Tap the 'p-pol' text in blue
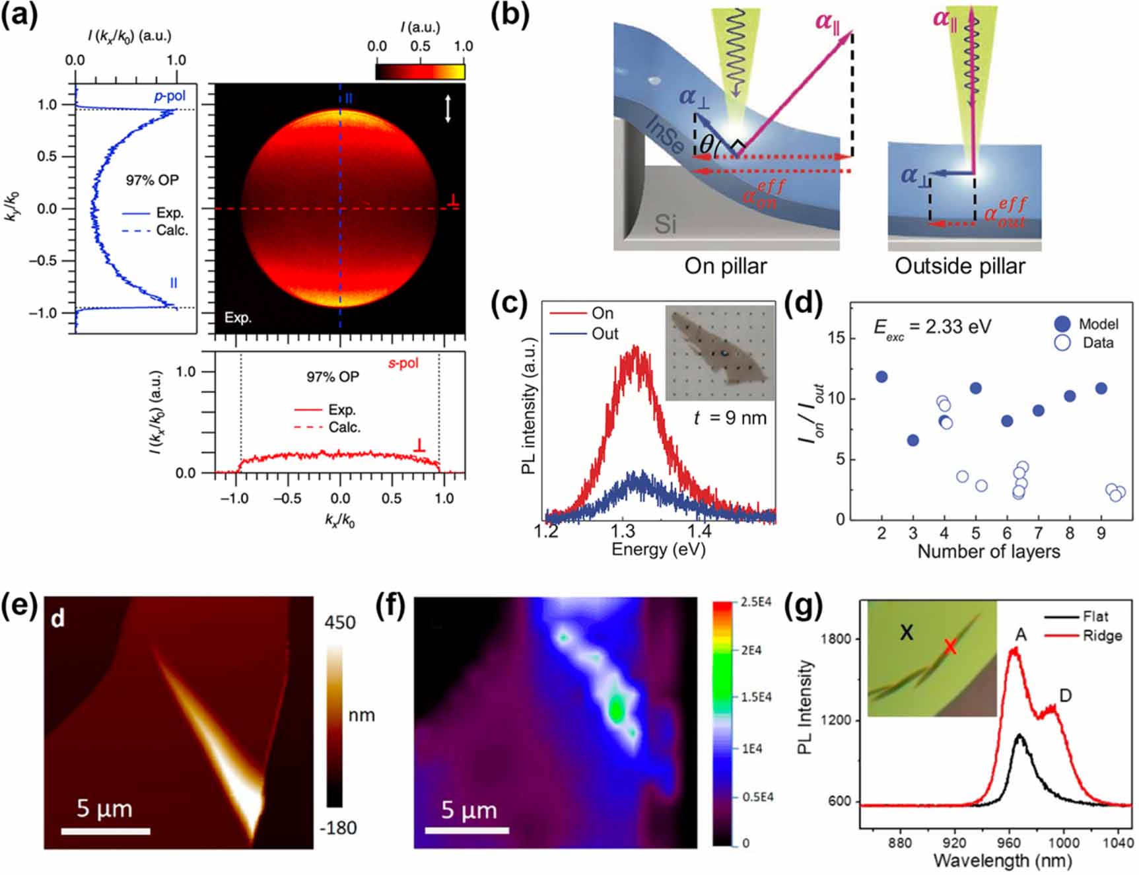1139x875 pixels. click(170, 96)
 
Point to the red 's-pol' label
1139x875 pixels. click(403, 363)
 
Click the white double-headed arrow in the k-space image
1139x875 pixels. click(448, 108)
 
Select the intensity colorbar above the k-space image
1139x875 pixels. click(420, 71)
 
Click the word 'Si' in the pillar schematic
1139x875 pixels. click(665, 225)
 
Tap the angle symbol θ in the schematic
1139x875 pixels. click(707, 144)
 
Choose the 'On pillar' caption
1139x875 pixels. click(726, 266)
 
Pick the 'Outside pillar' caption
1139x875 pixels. click(959, 266)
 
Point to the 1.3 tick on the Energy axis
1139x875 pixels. click(622, 530)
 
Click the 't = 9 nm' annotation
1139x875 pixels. click(730, 418)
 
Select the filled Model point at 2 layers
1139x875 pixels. click(881, 377)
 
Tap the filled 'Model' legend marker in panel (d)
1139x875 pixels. click(1062, 324)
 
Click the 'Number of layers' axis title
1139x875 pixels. click(988, 551)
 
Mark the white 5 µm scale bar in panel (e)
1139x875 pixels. click(106, 831)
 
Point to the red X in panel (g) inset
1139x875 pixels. click(949, 647)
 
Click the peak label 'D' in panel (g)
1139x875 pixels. click(1065, 695)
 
